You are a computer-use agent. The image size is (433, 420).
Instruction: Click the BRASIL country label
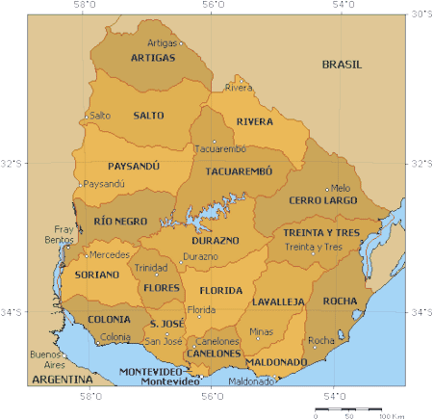point(342,65)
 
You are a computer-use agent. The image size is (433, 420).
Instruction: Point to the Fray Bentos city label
point(64,234)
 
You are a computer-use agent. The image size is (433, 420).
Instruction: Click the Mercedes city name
point(109,255)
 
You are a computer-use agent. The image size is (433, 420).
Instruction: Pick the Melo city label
point(341,188)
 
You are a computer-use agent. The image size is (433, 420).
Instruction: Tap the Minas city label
point(261,331)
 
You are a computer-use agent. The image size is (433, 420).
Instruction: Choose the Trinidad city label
point(150,267)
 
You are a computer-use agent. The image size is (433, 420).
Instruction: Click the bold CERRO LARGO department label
point(322,201)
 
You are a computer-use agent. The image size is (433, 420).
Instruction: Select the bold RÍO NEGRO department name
point(121,221)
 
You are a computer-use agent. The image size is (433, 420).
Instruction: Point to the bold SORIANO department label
point(97,275)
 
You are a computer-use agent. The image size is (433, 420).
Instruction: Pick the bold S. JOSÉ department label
point(166,323)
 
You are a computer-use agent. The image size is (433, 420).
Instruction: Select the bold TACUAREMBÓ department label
point(239,171)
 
